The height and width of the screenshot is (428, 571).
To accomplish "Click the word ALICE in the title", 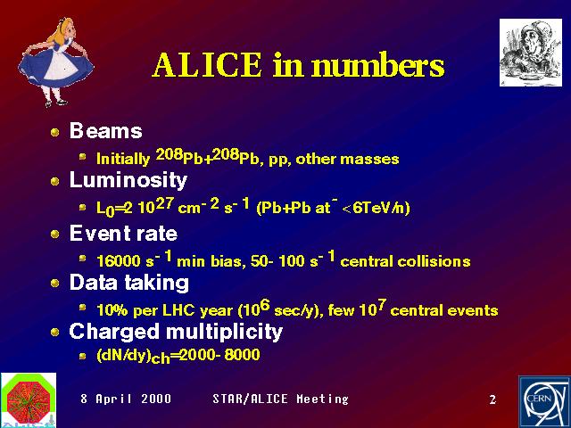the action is (207, 64).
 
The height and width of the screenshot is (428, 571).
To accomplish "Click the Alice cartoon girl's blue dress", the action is (55, 68).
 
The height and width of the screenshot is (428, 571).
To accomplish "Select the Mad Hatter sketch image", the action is (531, 53).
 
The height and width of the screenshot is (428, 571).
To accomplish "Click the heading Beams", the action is (105, 130).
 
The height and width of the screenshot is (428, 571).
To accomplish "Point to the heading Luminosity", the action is (128, 180).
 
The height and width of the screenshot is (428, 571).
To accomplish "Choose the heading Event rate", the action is (123, 233).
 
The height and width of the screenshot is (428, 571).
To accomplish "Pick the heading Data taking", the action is (128, 283).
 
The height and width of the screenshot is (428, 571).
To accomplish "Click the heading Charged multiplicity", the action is (176, 332).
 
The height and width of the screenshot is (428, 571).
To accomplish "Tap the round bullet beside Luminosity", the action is (55, 181).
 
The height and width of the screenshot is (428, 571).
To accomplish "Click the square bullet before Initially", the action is (83, 157).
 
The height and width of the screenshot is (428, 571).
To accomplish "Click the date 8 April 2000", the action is (126, 399).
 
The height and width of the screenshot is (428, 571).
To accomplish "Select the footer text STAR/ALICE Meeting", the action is (280, 399).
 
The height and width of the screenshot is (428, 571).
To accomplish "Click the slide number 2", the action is (492, 399).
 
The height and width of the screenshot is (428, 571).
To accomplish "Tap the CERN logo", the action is (544, 402).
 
